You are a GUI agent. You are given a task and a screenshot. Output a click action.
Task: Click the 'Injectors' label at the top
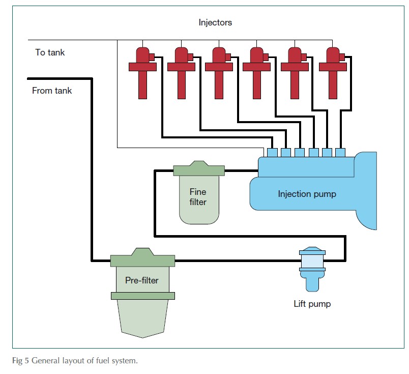click(x=215, y=22)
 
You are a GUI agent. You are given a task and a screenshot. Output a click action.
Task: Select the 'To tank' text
click(x=50, y=52)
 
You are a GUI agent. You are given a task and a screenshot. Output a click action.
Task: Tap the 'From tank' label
click(x=52, y=91)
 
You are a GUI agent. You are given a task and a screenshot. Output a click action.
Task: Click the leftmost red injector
click(x=142, y=71)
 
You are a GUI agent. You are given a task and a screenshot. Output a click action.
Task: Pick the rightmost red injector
click(x=333, y=71)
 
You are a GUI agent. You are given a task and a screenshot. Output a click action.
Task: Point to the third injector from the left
click(x=219, y=71)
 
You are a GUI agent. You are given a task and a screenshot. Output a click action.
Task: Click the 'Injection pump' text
click(x=307, y=194)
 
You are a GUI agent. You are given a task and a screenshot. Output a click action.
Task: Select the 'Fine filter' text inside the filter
click(x=198, y=197)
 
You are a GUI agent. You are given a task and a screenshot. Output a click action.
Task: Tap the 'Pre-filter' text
click(x=142, y=280)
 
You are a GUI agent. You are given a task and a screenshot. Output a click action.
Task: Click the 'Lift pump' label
click(x=312, y=304)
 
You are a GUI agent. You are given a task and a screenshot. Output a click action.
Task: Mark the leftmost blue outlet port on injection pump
click(x=272, y=152)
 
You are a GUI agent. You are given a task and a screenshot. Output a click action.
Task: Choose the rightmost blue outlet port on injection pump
click(x=340, y=152)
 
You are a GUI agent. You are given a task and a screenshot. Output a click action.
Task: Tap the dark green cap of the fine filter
click(x=198, y=169)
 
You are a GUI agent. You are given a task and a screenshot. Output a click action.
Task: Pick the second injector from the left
click(x=181, y=71)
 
